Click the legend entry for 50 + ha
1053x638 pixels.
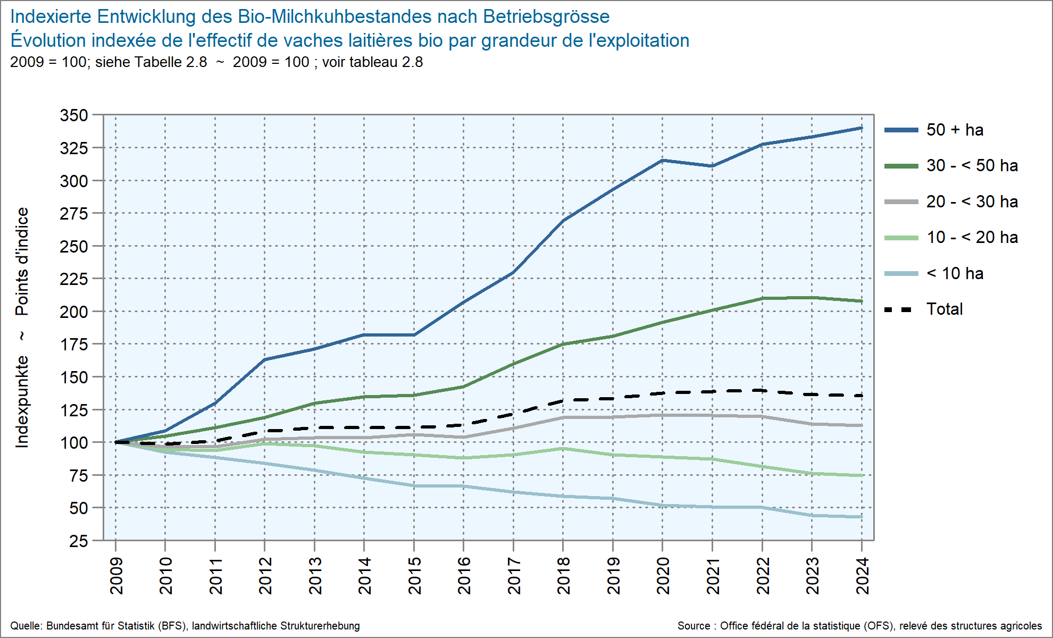[x=955, y=130]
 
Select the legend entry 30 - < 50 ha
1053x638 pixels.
[x=972, y=166]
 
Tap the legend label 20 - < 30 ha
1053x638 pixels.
[x=972, y=202]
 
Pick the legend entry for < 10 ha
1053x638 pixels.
[x=955, y=274]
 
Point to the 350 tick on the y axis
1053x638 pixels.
[x=74, y=115]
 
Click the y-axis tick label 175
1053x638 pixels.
[x=74, y=345]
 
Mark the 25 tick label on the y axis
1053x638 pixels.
[x=79, y=541]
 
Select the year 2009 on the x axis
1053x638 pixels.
[x=116, y=576]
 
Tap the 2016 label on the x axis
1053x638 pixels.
[x=464, y=576]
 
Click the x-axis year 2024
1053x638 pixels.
[x=862, y=576]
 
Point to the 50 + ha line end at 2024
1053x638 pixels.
[x=862, y=128]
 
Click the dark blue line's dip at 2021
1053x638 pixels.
[x=712, y=166]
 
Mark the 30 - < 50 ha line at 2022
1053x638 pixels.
[x=762, y=298]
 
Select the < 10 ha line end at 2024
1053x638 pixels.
[x=862, y=517]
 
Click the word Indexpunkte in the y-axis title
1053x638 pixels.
[x=22, y=402]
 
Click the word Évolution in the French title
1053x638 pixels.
[x=48, y=41]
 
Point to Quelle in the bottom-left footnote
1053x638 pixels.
[x=26, y=626]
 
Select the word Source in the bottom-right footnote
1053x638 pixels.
[x=693, y=626]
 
